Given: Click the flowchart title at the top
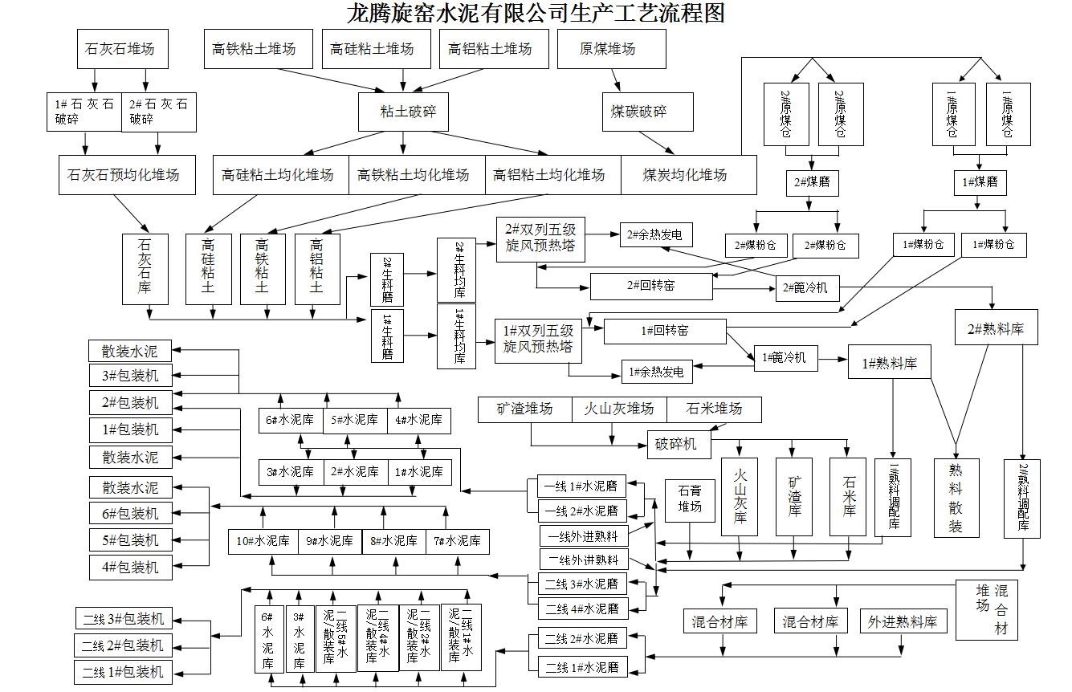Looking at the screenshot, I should tap(536, 14).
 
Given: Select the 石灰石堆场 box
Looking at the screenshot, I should tap(119, 49).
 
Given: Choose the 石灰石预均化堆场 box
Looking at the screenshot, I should tap(127, 175).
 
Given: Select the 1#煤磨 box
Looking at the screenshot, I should tap(980, 183).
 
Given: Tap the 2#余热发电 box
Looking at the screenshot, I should tap(654, 234).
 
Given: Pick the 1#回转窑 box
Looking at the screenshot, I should tap(664, 331).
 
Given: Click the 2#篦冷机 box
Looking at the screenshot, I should tap(806, 287).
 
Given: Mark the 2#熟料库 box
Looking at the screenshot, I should tap(995, 328).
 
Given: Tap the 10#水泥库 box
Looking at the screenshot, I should tap(263, 541).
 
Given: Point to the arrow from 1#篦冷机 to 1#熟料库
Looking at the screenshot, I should tap(833, 359).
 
